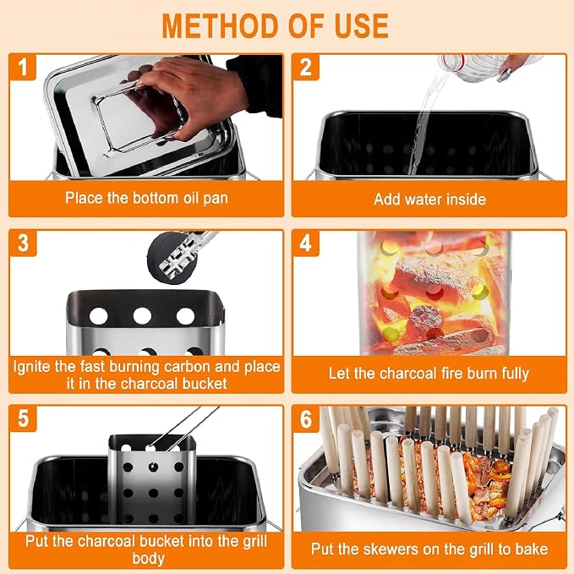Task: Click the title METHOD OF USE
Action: point(275,25)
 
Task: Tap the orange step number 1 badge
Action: point(23,67)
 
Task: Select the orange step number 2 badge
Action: point(306,67)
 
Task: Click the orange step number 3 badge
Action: point(23,243)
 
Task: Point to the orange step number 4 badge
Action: point(306,243)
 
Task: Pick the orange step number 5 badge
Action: point(23,418)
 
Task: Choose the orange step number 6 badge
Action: point(306,418)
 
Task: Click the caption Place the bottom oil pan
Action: point(146,198)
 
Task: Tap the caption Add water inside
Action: point(429,200)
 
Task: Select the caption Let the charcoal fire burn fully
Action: point(429,374)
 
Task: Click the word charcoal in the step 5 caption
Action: point(107,541)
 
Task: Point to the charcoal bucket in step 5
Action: point(152,478)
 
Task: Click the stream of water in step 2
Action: point(426,121)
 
